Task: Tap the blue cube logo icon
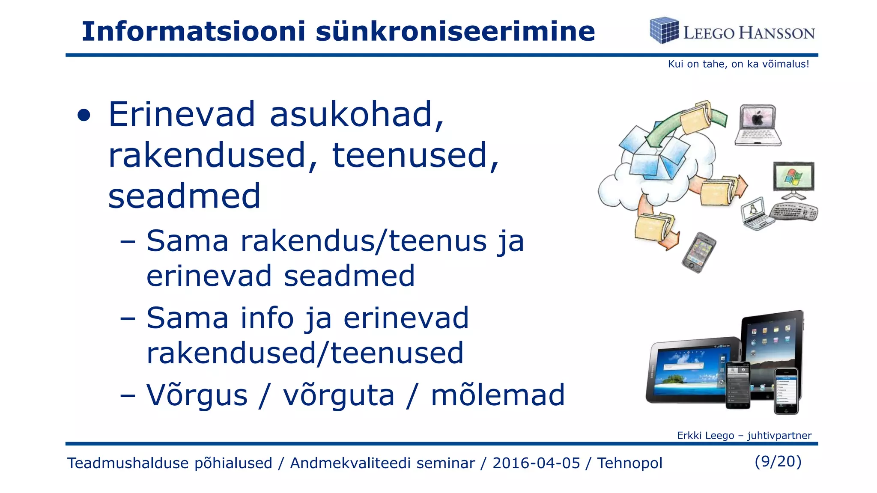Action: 664,30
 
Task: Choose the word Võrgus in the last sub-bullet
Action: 197,395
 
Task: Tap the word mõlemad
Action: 498,395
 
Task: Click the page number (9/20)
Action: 778,461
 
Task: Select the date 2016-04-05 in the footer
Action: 536,463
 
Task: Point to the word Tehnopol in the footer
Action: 629,463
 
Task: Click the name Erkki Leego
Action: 705,436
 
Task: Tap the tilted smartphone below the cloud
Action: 699,252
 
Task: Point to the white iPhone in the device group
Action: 787,390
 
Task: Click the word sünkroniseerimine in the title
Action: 455,31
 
